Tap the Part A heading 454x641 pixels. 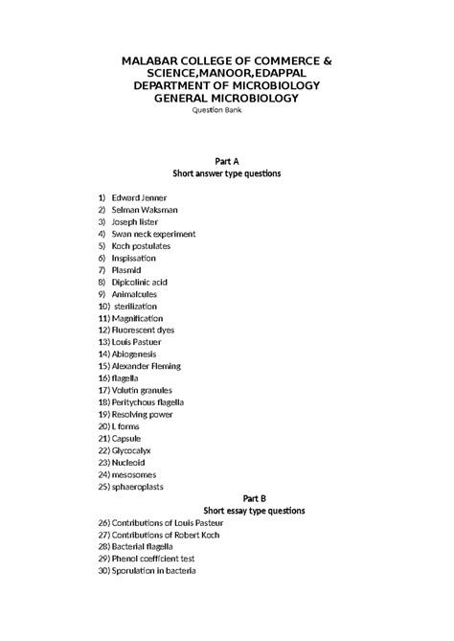tap(226, 161)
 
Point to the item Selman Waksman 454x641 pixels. tap(144, 209)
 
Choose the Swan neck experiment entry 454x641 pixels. tap(153, 234)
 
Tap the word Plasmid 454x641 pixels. tap(126, 269)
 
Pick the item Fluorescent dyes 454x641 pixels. tap(142, 330)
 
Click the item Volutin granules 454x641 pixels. tap(142, 390)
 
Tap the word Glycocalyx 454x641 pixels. tap(130, 450)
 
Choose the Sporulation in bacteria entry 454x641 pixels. tap(153, 571)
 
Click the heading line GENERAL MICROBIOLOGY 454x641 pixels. tap(226, 98)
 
